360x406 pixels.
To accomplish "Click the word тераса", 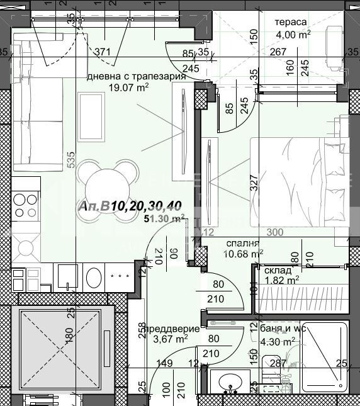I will [291, 22].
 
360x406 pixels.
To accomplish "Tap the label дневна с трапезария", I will [136, 76].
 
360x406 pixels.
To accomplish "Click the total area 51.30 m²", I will [164, 218].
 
